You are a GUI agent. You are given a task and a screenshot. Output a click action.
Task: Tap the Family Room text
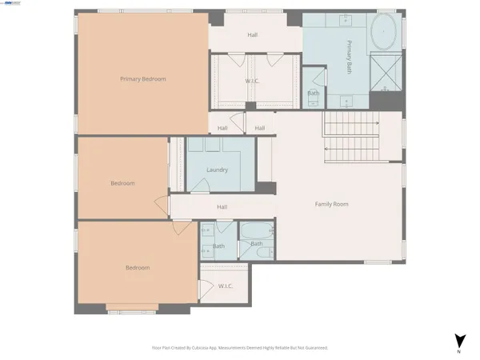pos(330,204)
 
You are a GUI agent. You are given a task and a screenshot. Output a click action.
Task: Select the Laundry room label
pos(217,170)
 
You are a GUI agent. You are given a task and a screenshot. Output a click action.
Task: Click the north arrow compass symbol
pos(458,339)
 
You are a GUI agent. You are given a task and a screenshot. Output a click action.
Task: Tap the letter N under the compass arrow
pos(458,352)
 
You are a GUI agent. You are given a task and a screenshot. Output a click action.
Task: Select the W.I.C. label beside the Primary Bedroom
pos(252,81)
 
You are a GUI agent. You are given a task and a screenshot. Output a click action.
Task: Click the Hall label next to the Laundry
pos(222,207)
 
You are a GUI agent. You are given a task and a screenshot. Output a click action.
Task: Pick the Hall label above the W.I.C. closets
pos(252,34)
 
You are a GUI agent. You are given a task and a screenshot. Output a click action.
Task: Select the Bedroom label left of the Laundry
pos(122,183)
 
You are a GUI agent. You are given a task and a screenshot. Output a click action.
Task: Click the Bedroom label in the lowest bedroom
pos(137,267)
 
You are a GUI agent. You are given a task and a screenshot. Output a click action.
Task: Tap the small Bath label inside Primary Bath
pos(314,93)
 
